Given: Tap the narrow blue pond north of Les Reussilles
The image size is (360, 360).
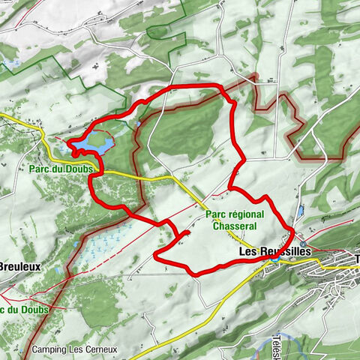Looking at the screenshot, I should [x=300, y=213].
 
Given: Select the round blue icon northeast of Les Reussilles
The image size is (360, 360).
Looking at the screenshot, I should [x=302, y=244].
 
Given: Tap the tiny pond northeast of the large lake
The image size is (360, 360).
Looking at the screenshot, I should [x=139, y=123].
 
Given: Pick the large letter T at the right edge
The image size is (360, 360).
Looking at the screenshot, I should [x=356, y=259].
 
